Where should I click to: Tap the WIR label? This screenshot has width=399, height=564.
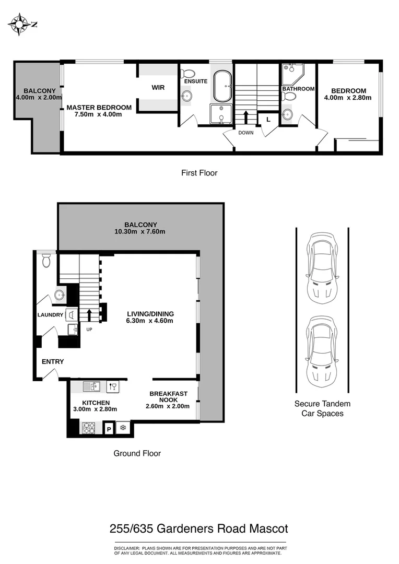(158, 88)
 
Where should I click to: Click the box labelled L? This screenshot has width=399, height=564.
(268, 119)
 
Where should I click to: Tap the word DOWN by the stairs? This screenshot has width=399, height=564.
(246, 133)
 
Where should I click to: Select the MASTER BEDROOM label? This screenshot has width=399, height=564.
(99, 108)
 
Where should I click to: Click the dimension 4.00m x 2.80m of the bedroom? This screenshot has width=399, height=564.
(347, 98)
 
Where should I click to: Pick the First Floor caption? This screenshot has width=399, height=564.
(199, 173)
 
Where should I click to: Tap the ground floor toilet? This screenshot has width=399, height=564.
(46, 260)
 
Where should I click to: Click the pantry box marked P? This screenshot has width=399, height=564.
(109, 429)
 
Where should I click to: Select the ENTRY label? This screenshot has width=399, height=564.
(53, 361)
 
